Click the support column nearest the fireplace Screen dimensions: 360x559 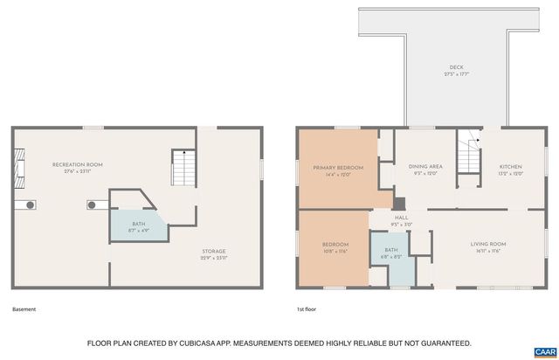31,205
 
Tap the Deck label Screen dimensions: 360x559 456,69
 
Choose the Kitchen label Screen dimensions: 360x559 510,169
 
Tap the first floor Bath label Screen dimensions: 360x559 390,253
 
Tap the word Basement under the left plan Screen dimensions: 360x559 24,309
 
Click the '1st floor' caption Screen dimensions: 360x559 306,309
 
